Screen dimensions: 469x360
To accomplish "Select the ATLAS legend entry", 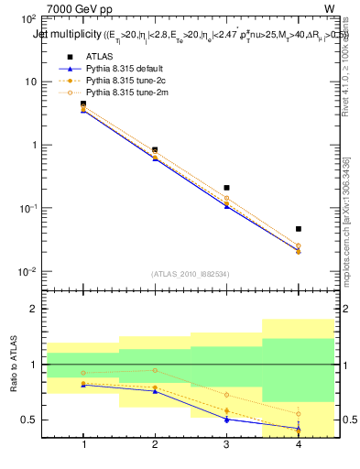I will [99, 57].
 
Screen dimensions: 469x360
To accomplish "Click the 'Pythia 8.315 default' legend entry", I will [122, 69].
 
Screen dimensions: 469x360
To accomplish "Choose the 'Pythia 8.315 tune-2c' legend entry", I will [122, 81].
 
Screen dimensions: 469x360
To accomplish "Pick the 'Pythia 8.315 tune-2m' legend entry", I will [122, 93].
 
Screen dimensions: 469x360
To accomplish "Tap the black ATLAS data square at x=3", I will [226, 188].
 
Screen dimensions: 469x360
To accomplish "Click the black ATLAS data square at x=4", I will [298, 229].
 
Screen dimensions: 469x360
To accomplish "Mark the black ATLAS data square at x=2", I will [155, 149].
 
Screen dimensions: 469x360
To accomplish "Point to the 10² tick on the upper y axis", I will [28, 18].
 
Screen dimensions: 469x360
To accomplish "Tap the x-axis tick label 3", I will [226, 445].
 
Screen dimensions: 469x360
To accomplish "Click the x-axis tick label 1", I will [83, 445].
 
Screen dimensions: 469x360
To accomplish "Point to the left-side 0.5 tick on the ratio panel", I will [28, 420].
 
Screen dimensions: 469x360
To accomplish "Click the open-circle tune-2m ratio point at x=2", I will [155, 370].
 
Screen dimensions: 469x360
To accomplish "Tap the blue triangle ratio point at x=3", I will [226, 420].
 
